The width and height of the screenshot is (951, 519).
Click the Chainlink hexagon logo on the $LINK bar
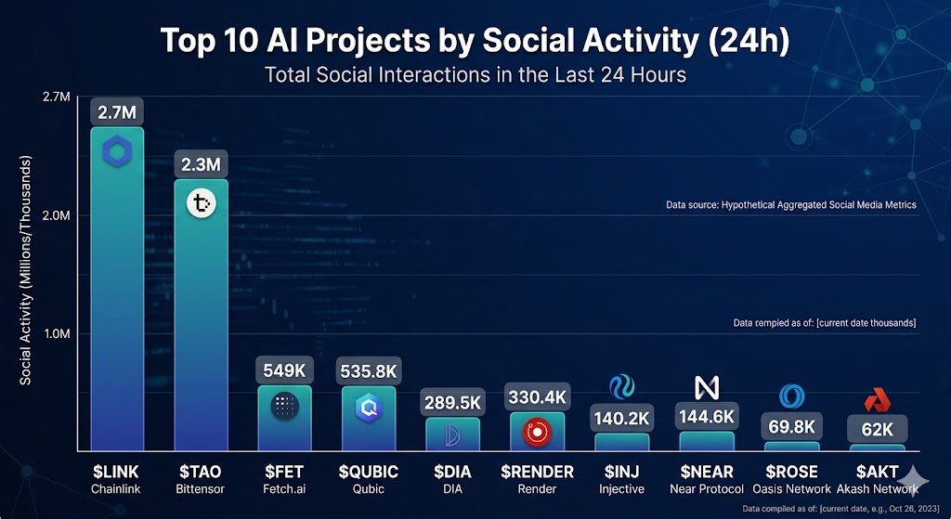[x=117, y=150]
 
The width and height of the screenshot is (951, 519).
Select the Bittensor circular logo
[x=201, y=203]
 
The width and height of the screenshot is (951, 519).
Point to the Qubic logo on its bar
[x=368, y=406]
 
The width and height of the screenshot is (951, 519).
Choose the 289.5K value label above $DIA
[x=453, y=404]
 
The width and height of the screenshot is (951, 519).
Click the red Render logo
[x=537, y=432]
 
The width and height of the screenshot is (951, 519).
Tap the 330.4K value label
[x=537, y=397]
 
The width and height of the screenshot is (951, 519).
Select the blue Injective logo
[x=621, y=386]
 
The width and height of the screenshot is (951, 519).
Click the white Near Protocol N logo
[x=707, y=387]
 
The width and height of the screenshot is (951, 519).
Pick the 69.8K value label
[x=792, y=427]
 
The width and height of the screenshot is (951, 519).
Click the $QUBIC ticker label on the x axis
[x=368, y=472]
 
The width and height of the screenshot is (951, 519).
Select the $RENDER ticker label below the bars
[x=537, y=472]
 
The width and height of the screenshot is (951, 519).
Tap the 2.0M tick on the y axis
[x=57, y=215]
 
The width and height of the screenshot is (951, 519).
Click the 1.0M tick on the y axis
[x=57, y=334]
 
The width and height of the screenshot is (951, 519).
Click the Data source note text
[x=791, y=204]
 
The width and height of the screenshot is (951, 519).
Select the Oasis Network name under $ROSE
[x=791, y=488]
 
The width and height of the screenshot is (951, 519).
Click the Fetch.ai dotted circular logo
[x=284, y=406]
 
